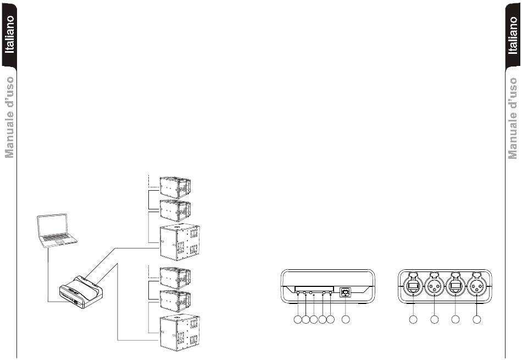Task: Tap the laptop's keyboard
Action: click(56, 238)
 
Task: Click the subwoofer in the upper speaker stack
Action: click(180, 242)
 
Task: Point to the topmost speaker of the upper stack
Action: click(175, 187)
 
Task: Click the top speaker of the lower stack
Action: click(175, 278)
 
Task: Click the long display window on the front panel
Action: click(314, 289)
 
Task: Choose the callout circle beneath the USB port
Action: click(346, 319)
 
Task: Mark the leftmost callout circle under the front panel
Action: click(298, 319)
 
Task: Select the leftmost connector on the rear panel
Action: click(413, 286)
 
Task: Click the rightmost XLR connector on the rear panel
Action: click(477, 286)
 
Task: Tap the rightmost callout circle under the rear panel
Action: click(477, 319)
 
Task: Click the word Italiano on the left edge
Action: click(9, 34)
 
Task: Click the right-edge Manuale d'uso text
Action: click(513, 118)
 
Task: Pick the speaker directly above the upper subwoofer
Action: click(175, 211)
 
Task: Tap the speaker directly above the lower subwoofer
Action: click(175, 301)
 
